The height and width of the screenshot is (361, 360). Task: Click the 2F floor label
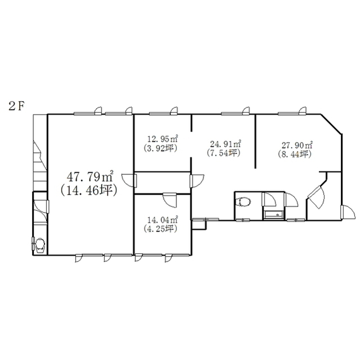point(16,106)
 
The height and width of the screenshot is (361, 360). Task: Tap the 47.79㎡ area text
point(90,177)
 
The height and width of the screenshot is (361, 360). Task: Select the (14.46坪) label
point(89,191)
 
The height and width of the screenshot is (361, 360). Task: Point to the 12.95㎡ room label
point(163,139)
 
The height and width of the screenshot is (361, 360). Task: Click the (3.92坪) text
point(160,148)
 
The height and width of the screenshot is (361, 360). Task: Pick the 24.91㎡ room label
point(225,144)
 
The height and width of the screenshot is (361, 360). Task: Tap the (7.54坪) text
point(223,153)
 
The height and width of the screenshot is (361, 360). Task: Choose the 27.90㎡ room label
point(297,146)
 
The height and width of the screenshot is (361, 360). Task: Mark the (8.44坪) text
point(295,154)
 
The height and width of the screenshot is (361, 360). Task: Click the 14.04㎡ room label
point(163,220)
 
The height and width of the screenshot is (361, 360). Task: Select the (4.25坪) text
point(160,229)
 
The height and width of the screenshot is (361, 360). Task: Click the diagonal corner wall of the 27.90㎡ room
point(331,124)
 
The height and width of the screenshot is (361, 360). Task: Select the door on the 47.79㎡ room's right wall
point(130,181)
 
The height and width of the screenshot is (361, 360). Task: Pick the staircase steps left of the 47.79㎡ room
point(40,164)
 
